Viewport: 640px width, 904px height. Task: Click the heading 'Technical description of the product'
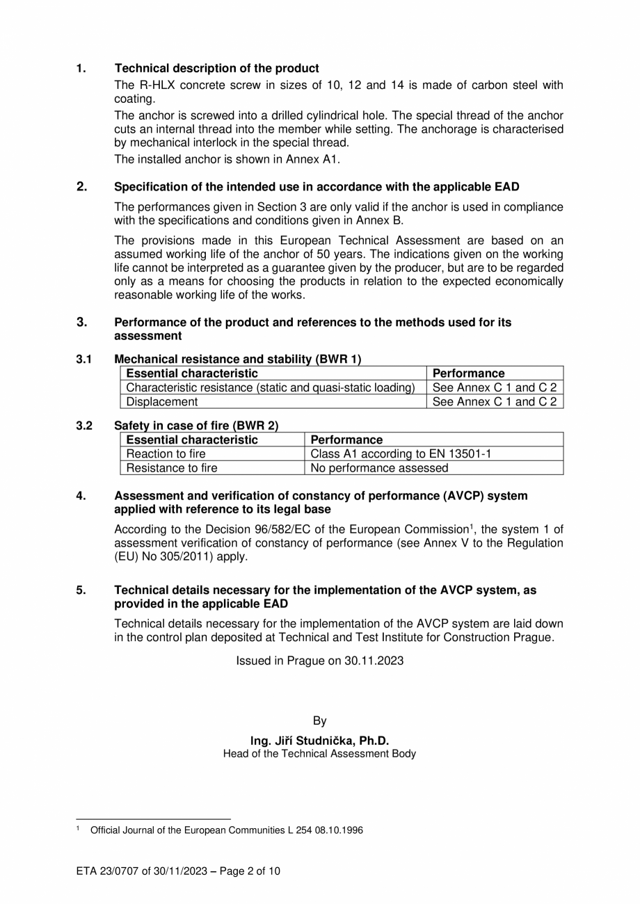pyautogui.click(x=216, y=68)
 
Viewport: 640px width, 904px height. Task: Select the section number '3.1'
pyautogui.click(x=83, y=360)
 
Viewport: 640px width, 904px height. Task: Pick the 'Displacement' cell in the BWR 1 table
pyautogui.click(x=161, y=402)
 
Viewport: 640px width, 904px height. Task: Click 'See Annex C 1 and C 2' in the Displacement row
pyautogui.click(x=495, y=402)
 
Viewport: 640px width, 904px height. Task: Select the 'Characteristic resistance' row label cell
pyautogui.click(x=271, y=388)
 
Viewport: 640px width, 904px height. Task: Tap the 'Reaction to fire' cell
pyautogui.click(x=166, y=454)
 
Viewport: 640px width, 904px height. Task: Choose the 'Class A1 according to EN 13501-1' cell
pyautogui.click(x=401, y=454)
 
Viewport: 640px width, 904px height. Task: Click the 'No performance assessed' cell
pyautogui.click(x=379, y=468)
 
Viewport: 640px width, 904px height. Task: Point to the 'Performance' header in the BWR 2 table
pyautogui.click(x=346, y=440)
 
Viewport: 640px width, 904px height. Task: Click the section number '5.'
pyautogui.click(x=81, y=590)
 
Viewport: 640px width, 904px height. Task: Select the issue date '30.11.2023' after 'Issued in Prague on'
pyautogui.click(x=374, y=661)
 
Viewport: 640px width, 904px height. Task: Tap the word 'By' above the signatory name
pyautogui.click(x=319, y=721)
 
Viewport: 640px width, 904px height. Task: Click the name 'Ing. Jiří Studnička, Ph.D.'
pyautogui.click(x=319, y=741)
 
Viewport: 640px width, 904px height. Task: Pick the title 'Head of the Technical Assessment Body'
pyautogui.click(x=319, y=754)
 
